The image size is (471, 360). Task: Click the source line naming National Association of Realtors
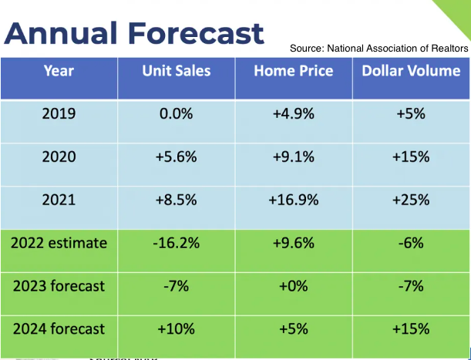point(378,49)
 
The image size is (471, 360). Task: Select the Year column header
point(59,72)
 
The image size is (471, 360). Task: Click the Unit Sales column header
point(176,72)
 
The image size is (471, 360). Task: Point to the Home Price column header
point(294,72)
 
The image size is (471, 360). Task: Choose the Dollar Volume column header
point(411,72)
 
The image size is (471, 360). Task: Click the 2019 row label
point(59,114)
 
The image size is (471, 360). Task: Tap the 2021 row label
point(59,200)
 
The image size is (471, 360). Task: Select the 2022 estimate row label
point(59,243)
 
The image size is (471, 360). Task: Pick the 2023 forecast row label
point(59,286)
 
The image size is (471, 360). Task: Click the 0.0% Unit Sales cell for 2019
point(176,114)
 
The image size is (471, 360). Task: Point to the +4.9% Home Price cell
point(294,114)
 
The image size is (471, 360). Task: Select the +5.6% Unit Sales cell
point(176,157)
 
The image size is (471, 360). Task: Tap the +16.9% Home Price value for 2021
point(294,200)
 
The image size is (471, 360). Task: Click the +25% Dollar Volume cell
point(411,200)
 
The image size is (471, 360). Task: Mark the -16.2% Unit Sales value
point(176,243)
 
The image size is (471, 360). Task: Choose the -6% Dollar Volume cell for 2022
point(411,243)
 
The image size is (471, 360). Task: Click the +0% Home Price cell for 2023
point(294,286)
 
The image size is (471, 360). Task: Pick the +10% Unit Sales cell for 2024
point(176,328)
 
